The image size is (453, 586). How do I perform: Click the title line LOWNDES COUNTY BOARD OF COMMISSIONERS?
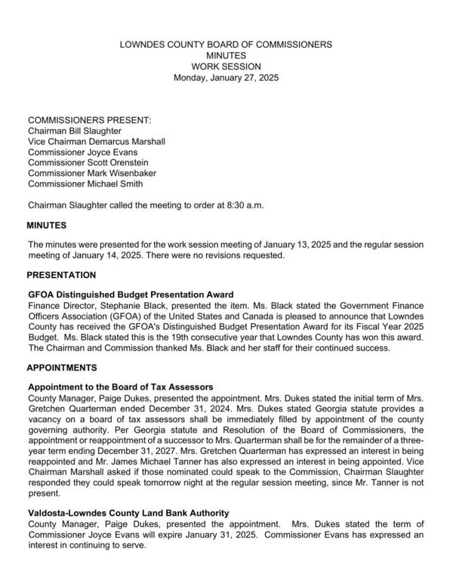pyautogui.click(x=226, y=45)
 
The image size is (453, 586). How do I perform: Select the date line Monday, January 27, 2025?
pyautogui.click(x=226, y=78)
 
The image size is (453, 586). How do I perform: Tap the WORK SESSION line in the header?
pyautogui.click(x=226, y=67)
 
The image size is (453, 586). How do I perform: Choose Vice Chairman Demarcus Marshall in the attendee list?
pyautogui.click(x=96, y=141)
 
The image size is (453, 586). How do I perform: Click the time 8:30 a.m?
pyautogui.click(x=241, y=205)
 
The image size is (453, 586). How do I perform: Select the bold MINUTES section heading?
pyautogui.click(x=47, y=225)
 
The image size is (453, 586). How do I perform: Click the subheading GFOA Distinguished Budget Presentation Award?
pyautogui.click(x=131, y=295)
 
